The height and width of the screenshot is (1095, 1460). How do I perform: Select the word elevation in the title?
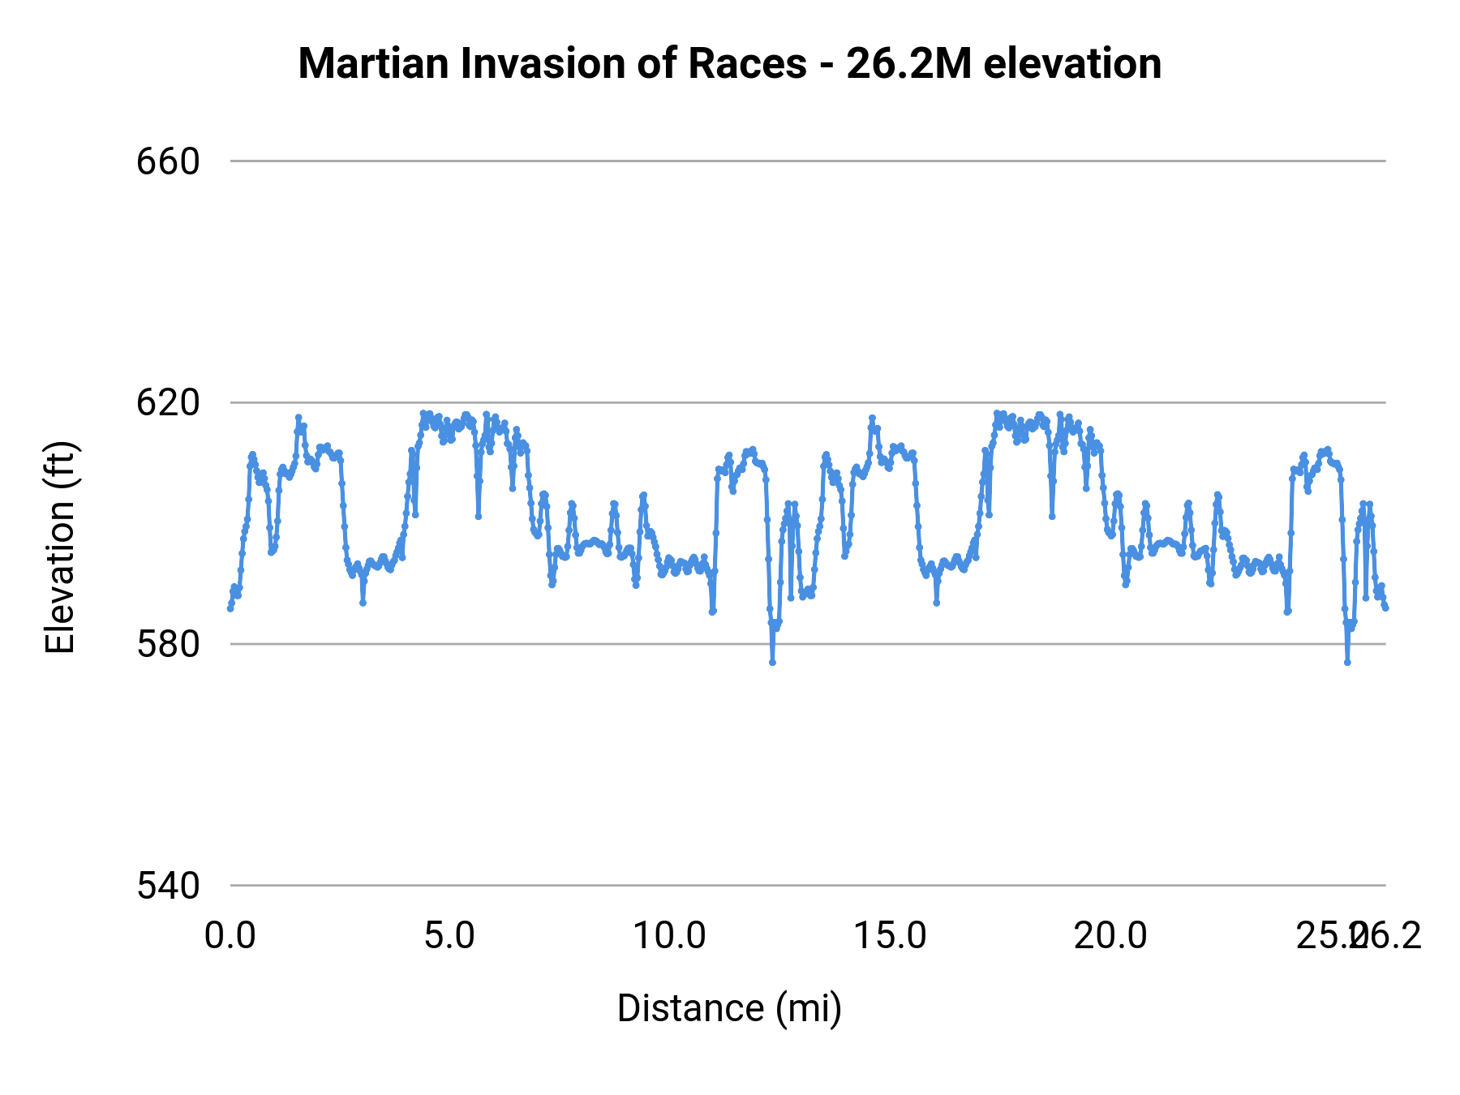(x=1072, y=63)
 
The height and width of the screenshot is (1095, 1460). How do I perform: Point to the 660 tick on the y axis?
(x=168, y=161)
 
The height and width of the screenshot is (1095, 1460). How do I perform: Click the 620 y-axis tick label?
(x=168, y=402)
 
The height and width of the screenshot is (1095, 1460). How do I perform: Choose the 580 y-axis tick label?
(x=168, y=644)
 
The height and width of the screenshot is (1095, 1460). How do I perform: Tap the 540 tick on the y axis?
(x=168, y=886)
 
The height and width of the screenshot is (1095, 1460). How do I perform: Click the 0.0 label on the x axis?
(x=230, y=936)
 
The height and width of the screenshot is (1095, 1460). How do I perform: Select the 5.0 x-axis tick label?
(x=450, y=936)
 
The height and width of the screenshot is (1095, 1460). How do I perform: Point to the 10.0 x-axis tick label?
(x=670, y=936)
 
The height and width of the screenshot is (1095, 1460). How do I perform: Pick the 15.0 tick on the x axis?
(x=891, y=936)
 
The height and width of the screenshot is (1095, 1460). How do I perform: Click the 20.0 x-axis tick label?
(x=1110, y=936)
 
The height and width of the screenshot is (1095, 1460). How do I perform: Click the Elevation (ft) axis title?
(x=59, y=547)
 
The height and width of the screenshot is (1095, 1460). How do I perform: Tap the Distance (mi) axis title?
(x=729, y=1008)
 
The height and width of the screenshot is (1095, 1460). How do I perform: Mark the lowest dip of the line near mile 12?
(x=772, y=663)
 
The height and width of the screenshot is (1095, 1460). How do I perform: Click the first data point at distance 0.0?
(x=230, y=608)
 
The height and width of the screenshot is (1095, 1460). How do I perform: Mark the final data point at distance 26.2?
(x=1385, y=608)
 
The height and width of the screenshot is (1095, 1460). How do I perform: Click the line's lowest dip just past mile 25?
(x=1347, y=663)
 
